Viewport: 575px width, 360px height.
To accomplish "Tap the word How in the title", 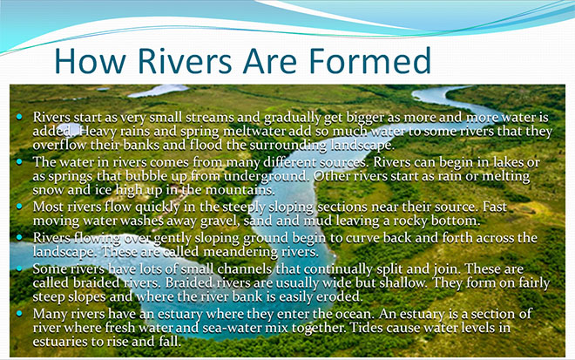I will (x=89, y=61).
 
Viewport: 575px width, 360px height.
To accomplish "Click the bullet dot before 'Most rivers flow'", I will (x=19, y=207).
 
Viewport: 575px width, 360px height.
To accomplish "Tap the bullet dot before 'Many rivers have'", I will (x=19, y=313).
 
